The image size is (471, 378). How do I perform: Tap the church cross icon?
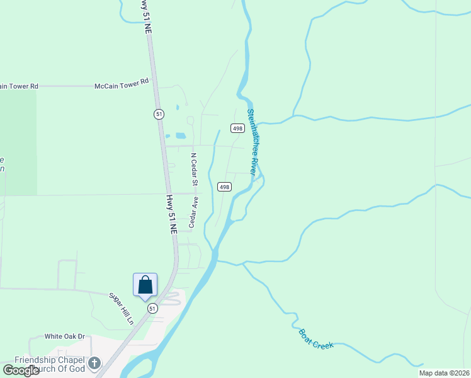click(x=94, y=363)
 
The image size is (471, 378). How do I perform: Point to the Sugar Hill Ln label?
click(x=122, y=308)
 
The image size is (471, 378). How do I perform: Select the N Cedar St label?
click(x=195, y=168)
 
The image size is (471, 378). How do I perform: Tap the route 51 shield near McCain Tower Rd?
click(x=159, y=113)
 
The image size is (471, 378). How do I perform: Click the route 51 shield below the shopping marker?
click(x=152, y=309)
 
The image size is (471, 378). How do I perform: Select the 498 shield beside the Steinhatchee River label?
click(x=237, y=128)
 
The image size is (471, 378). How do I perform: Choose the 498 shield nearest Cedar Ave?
click(x=224, y=186)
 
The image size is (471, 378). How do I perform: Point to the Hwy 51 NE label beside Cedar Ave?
click(x=171, y=214)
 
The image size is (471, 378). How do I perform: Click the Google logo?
click(x=21, y=370)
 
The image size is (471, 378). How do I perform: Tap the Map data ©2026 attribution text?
click(x=444, y=373)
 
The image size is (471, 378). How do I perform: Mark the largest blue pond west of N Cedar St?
click(x=181, y=135)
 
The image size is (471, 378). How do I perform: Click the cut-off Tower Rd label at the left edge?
click(x=19, y=86)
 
